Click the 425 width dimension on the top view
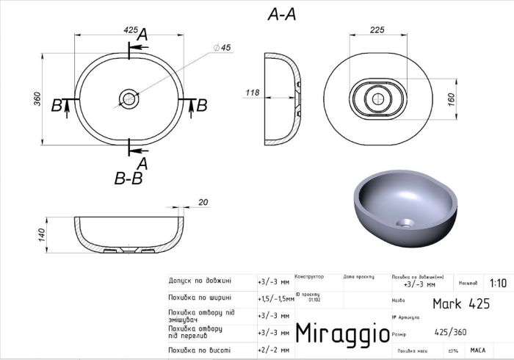tap(131, 30)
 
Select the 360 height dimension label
tap(37, 98)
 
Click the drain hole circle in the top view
tap(130, 98)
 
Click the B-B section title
tap(128, 178)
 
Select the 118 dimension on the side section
tap(252, 93)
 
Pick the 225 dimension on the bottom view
tap(378, 30)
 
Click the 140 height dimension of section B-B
tap(42, 234)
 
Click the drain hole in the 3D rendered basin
tap(406, 221)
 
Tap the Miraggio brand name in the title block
tap(342, 331)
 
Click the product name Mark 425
tap(460, 303)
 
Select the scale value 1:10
tap(497, 283)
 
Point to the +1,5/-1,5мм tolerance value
tap(275, 299)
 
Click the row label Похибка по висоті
tap(199, 350)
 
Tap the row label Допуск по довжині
tap(200, 281)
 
